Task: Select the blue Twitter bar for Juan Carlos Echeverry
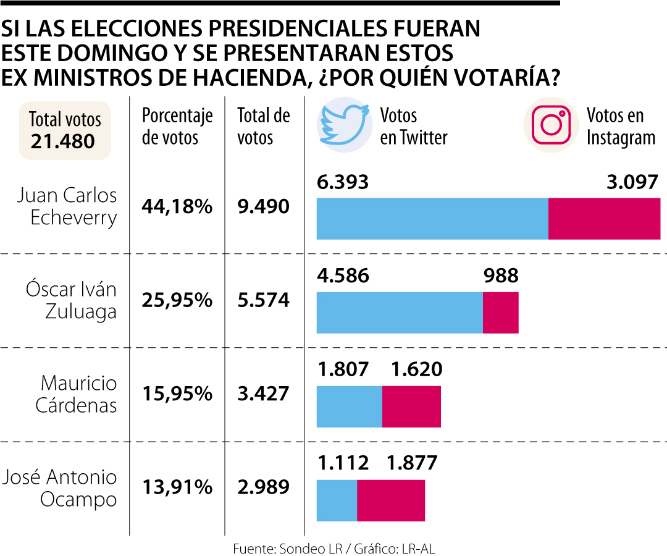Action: coord(432,218)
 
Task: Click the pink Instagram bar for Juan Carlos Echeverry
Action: coord(604,218)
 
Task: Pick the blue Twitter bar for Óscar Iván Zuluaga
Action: coord(399,313)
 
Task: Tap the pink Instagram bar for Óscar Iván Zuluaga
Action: coord(500,313)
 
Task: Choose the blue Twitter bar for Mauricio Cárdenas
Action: coord(349,406)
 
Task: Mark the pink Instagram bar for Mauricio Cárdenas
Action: coord(411,406)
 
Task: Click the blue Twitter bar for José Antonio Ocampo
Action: coord(337,500)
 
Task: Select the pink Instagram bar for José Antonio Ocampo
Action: coord(391,500)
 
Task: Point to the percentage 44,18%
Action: coord(177,207)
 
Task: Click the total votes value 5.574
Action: coord(263,301)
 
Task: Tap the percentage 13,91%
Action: coord(177,488)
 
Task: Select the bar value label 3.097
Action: coord(632,182)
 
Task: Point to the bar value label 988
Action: coord(500,276)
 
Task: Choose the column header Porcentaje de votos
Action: coord(177,126)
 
